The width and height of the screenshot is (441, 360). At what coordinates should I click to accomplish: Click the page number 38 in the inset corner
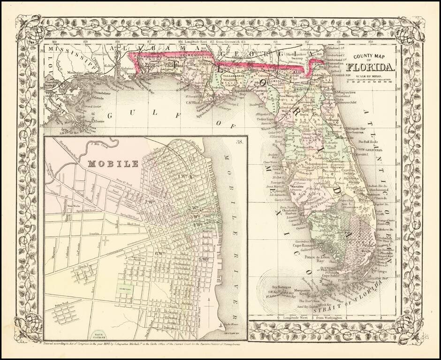click(240, 142)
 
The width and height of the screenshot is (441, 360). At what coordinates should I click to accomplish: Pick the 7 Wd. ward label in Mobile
click(150, 202)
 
